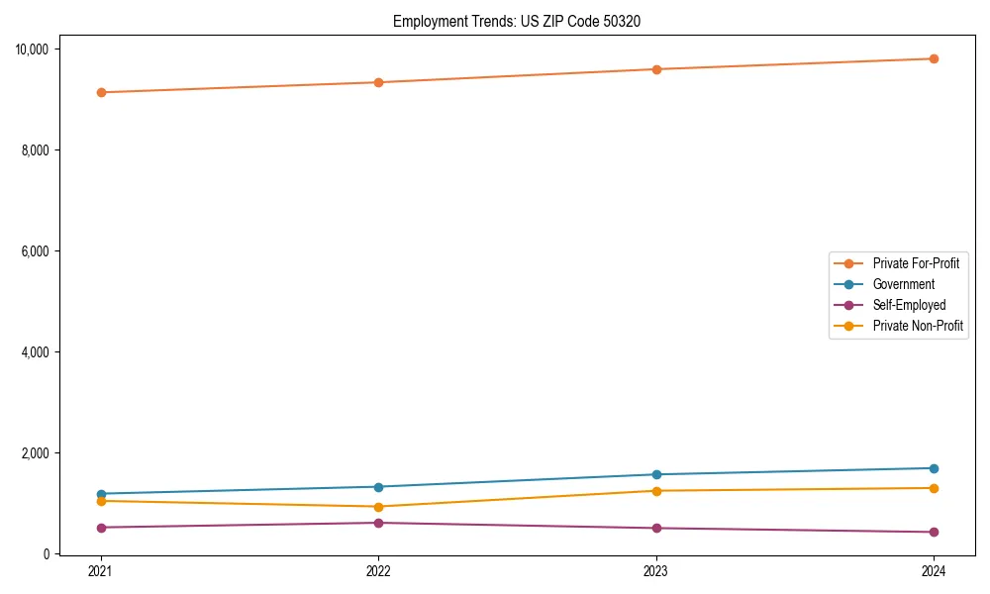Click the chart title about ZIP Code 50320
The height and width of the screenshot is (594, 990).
[x=516, y=21]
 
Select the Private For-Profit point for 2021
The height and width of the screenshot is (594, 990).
[x=100, y=92]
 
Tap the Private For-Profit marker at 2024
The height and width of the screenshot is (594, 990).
[x=934, y=58]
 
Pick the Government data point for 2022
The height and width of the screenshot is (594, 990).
[x=378, y=487]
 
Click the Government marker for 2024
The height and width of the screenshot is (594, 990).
[x=934, y=468]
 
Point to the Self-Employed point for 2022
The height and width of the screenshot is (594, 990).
[x=378, y=523]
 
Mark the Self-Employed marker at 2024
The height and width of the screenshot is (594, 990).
[x=934, y=533]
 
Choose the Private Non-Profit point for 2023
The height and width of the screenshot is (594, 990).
[x=656, y=491]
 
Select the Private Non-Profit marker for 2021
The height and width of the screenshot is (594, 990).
[x=100, y=501]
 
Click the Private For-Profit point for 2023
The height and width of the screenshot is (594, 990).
[x=656, y=69]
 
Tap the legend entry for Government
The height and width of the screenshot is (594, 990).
[x=903, y=284]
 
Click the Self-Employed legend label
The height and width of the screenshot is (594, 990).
[x=909, y=305]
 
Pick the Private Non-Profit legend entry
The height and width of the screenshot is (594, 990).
[x=918, y=326]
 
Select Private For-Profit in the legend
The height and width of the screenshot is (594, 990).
[x=916, y=263]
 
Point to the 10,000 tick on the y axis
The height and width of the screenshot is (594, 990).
[x=39, y=49]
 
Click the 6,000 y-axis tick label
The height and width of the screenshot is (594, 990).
[x=42, y=251]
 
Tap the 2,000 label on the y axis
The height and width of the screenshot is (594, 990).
[x=42, y=453]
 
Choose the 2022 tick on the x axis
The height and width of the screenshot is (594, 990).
[x=378, y=571]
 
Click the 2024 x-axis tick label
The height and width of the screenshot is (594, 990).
[x=934, y=571]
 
